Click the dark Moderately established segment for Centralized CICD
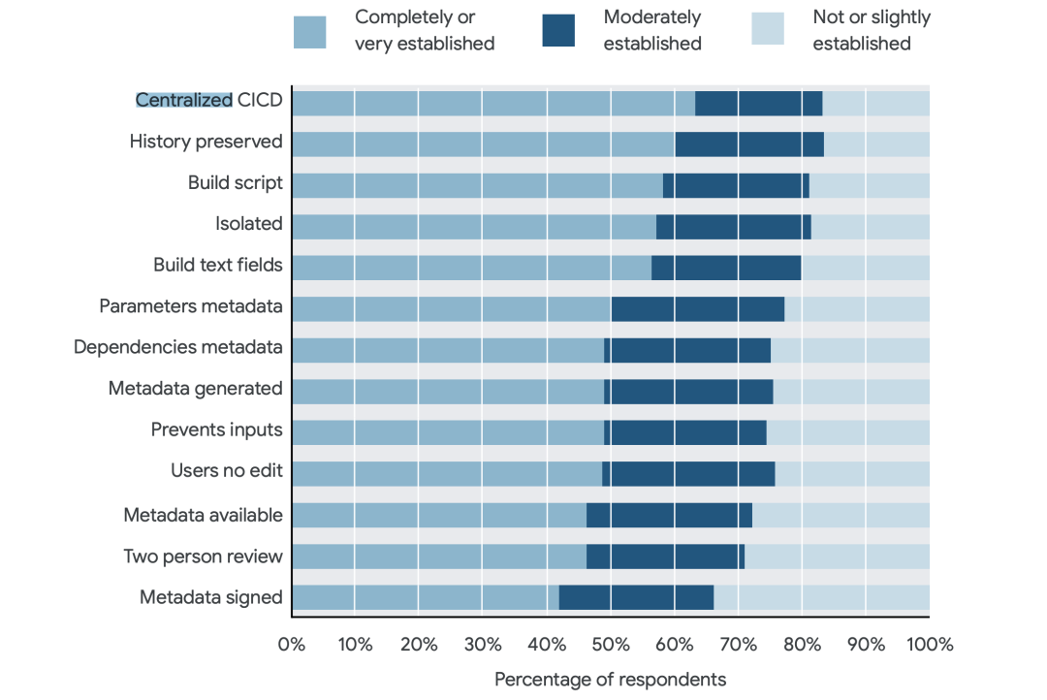(x=758, y=103)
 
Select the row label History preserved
(x=206, y=143)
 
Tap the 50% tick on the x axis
(x=610, y=645)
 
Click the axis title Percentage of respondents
(x=610, y=679)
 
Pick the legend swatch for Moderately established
(x=558, y=31)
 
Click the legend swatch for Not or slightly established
(x=769, y=31)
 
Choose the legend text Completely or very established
(x=425, y=30)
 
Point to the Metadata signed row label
(x=210, y=597)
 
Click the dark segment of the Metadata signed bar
(x=636, y=597)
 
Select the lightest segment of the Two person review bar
(x=837, y=557)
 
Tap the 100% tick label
(x=929, y=645)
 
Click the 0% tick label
(x=292, y=645)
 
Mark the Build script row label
(x=235, y=183)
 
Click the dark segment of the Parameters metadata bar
(x=697, y=308)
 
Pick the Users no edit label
(x=226, y=471)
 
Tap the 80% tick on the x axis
(x=801, y=645)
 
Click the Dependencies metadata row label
(x=178, y=347)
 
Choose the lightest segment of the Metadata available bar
(x=841, y=515)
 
